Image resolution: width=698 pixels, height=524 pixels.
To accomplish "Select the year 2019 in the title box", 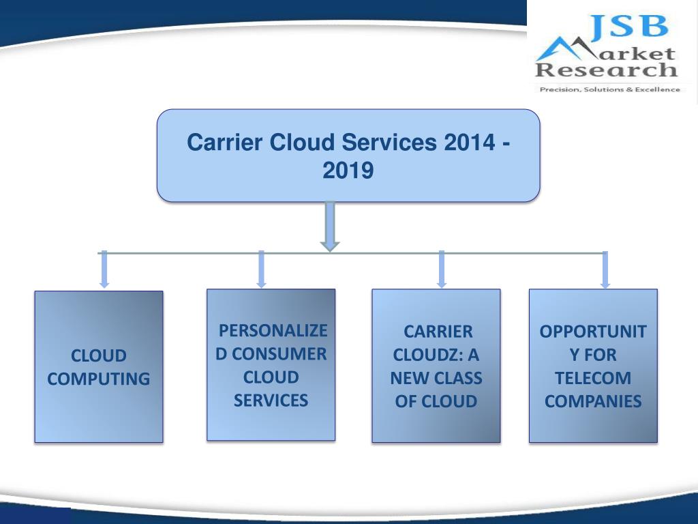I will coord(348,170).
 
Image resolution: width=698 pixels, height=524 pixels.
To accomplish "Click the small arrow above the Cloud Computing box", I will coord(104,270).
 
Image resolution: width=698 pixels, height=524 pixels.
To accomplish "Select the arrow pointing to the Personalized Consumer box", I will coord(261,269).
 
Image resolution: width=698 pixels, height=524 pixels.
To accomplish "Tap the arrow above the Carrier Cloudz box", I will coord(442,269).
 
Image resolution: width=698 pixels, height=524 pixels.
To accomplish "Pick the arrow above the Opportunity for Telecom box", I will coord(605,270).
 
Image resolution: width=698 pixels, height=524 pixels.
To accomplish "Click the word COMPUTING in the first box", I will coord(99,379).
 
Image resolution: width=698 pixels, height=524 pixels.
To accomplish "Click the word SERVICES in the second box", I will coord(271,401).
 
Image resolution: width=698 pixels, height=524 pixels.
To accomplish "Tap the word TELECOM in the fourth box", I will coord(593,378).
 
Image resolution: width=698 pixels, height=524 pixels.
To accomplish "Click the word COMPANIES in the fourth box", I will coord(593,401).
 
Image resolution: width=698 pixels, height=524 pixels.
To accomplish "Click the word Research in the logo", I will coord(606,70).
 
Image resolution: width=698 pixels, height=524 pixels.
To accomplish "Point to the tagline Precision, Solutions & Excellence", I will coord(609,89).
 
